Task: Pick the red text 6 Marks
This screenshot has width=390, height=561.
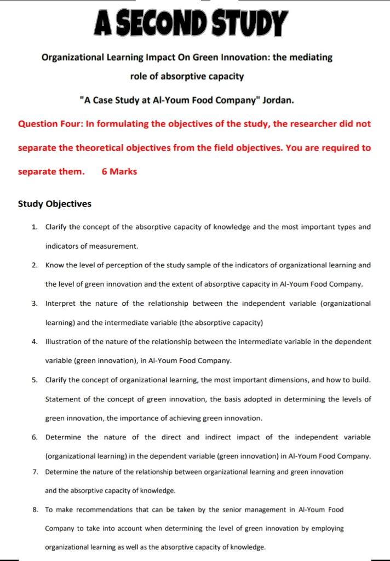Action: click(x=119, y=171)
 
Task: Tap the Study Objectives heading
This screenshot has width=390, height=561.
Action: click(x=55, y=204)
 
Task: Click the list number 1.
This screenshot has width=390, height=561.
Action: click(x=35, y=227)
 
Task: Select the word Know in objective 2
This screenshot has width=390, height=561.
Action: click(x=54, y=265)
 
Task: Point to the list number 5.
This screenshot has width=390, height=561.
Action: click(x=35, y=380)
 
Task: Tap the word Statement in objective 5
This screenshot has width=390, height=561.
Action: click(x=62, y=399)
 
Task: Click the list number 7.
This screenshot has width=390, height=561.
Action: click(x=35, y=472)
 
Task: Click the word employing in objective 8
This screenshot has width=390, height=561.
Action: click(x=327, y=529)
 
